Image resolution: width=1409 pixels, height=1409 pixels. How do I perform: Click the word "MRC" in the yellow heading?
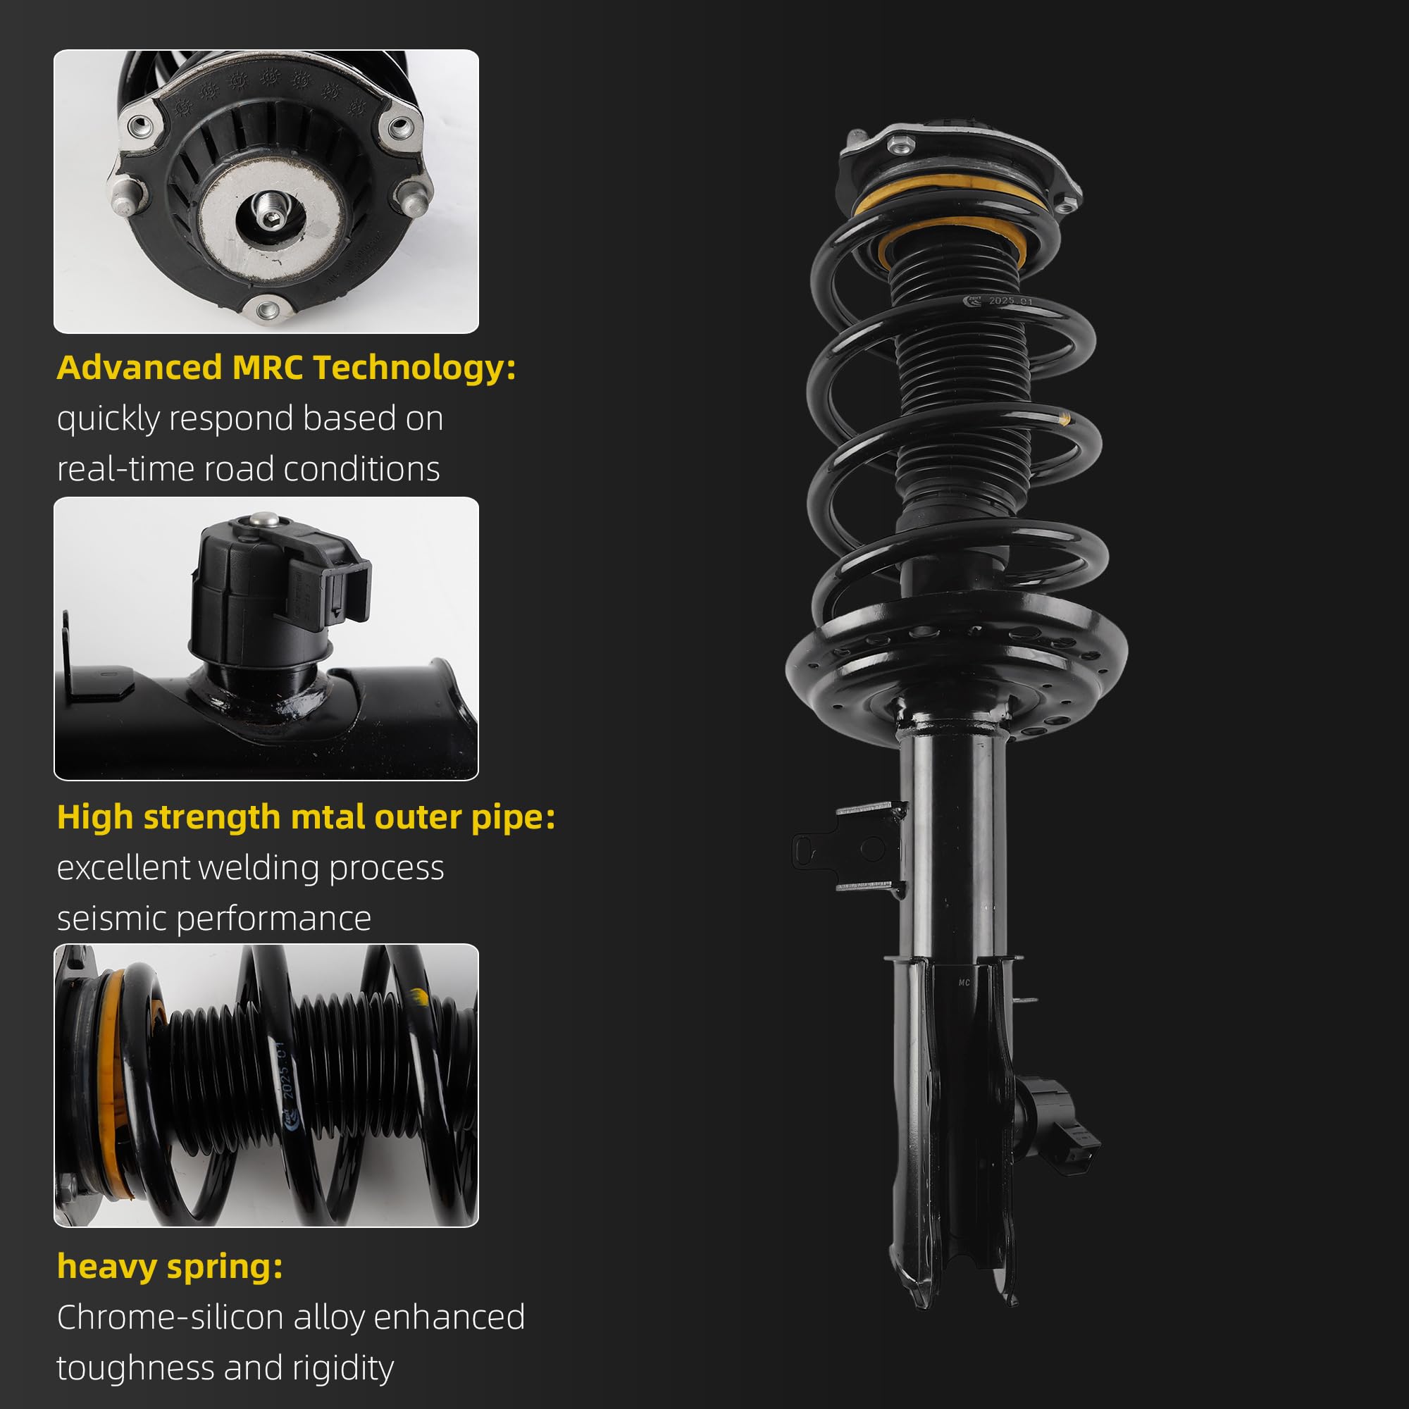[267, 367]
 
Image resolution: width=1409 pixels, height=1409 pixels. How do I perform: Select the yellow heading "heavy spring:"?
[170, 1267]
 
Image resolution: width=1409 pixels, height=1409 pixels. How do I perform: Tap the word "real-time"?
[125, 469]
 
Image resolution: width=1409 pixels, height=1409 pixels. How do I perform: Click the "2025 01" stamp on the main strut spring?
[1010, 301]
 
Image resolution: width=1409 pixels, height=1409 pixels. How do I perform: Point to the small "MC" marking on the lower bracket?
[964, 983]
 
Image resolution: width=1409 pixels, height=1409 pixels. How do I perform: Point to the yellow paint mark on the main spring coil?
[1064, 418]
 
